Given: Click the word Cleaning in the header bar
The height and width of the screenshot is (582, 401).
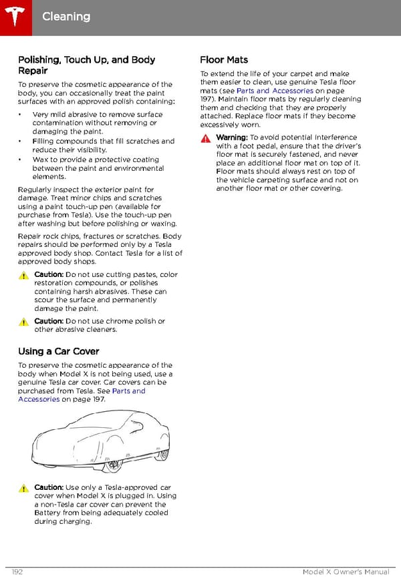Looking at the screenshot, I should [65, 16].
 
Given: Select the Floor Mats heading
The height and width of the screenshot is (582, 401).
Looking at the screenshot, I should [224, 60].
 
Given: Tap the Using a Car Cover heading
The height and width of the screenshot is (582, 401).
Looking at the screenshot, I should [59, 351].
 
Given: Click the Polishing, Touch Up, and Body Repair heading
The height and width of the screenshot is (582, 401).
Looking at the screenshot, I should [86, 65].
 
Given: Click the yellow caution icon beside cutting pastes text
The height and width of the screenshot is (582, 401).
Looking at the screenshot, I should [23, 275].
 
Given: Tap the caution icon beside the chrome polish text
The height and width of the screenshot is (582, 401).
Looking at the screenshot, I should [23, 322].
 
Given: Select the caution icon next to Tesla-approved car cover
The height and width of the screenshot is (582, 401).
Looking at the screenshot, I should [23, 488].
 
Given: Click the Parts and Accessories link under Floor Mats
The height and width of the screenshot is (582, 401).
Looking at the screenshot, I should [275, 91].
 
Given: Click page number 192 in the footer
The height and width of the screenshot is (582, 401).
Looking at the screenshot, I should [17, 573].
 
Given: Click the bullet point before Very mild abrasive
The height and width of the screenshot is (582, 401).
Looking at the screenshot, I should [21, 115].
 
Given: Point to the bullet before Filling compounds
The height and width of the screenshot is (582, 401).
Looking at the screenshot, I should [21, 141].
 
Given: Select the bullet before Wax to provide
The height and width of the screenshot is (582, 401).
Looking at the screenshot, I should [21, 160].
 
